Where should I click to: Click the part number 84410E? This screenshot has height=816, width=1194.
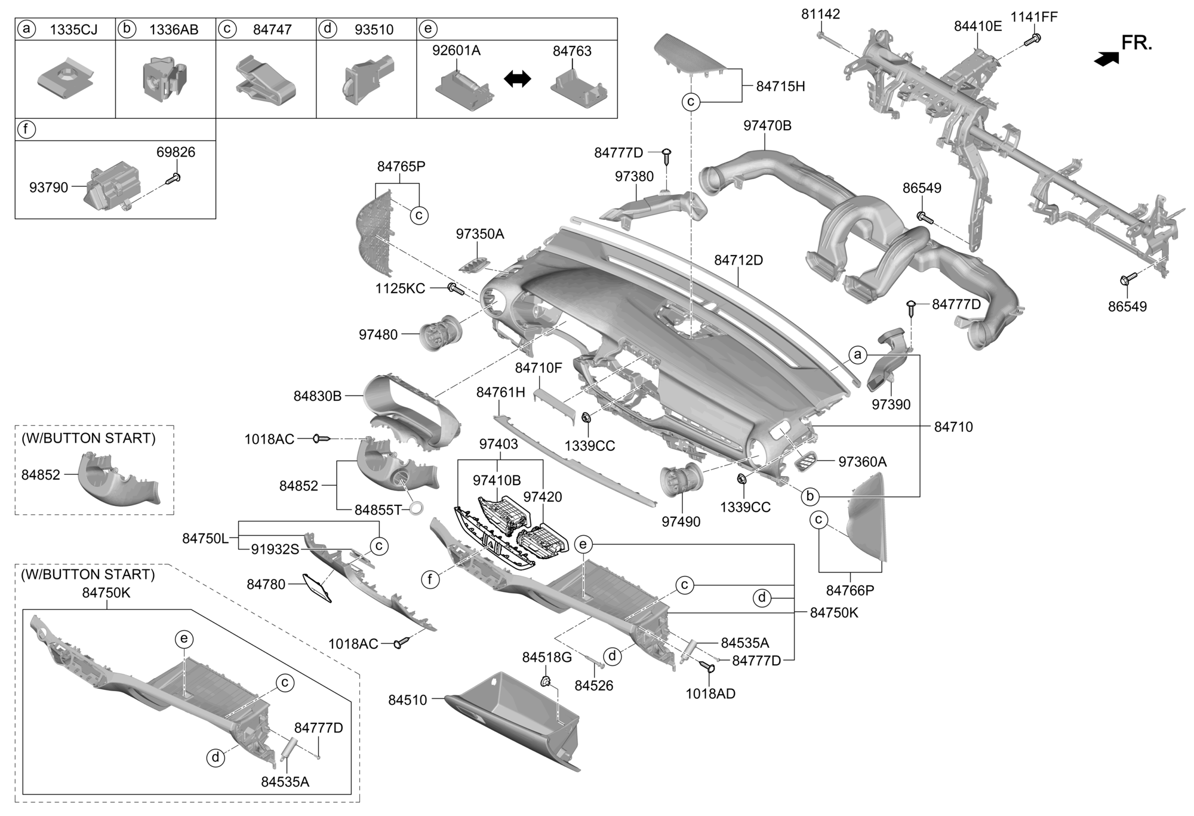(977, 26)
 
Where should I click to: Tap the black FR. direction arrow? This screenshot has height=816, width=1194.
(1107, 59)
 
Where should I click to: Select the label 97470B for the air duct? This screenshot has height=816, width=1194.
(767, 125)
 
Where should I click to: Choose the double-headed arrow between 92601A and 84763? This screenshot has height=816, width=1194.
(517, 79)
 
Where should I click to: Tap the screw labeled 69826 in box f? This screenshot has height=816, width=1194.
(174, 177)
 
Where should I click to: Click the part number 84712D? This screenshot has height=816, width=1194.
(738, 260)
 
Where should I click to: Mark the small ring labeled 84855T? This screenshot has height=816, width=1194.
(417, 509)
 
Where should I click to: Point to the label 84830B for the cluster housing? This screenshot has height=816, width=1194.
(317, 396)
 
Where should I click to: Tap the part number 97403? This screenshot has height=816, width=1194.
(498, 444)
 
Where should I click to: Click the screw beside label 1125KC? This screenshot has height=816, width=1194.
(456, 290)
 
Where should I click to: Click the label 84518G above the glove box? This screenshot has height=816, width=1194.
(547, 658)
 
